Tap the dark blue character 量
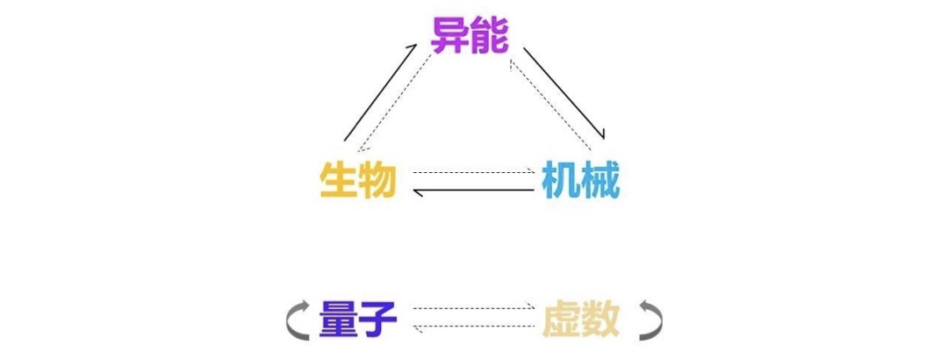pyautogui.click(x=339, y=319)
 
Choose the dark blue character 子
pyautogui.click(x=377, y=319)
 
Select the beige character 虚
pyautogui.click(x=562, y=320)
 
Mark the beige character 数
pyautogui.click(x=600, y=320)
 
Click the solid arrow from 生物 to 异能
pyautogui.click(x=380, y=92)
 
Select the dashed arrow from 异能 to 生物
pyautogui.click(x=395, y=103)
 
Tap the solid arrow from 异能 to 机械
pyautogui.click(x=564, y=92)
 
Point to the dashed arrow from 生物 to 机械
pyautogui.click(x=475, y=172)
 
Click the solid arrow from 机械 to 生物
pyautogui.click(x=473, y=191)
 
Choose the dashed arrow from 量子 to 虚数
pyautogui.click(x=475, y=308)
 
